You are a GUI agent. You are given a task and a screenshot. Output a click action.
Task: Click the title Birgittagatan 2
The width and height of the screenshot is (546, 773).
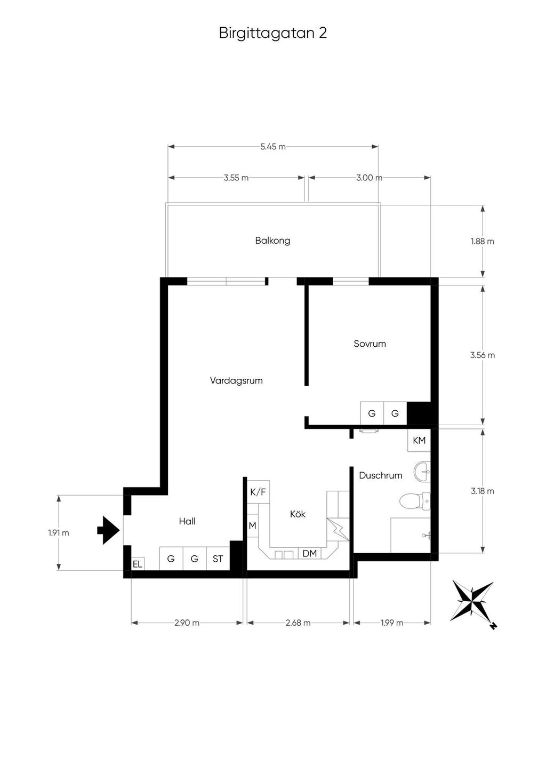(x=273, y=34)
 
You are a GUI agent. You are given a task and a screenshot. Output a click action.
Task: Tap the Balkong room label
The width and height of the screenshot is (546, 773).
(x=272, y=241)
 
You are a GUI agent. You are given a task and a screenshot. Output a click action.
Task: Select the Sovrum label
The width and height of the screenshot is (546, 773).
(x=370, y=344)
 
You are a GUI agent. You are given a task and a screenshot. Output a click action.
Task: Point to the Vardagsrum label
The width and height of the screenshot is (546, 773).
(x=236, y=381)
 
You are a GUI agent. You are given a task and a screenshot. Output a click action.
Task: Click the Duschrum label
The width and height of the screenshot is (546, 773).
(x=381, y=475)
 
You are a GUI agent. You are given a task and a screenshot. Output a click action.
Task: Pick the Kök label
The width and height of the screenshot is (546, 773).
(x=298, y=514)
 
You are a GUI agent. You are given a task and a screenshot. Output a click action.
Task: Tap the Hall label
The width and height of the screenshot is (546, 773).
(x=187, y=521)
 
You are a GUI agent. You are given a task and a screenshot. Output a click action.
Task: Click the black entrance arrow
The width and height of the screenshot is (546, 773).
(x=108, y=530)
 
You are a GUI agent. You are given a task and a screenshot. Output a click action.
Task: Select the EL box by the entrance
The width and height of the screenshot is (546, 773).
(x=138, y=564)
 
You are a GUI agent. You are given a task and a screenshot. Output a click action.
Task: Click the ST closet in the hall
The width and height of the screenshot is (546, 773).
(x=218, y=559)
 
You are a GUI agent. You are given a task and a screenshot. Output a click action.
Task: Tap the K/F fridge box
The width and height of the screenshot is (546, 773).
(x=259, y=492)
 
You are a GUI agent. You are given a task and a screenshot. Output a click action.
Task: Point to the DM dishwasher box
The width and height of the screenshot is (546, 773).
(x=310, y=554)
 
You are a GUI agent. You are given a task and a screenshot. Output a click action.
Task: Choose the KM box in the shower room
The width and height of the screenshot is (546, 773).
(x=419, y=440)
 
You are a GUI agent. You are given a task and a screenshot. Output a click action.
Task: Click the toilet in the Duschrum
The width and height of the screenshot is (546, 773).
(x=415, y=501)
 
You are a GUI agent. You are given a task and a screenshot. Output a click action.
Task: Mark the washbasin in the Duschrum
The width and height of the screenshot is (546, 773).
(x=422, y=472)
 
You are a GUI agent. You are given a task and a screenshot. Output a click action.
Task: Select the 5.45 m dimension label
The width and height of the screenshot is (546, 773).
(x=273, y=147)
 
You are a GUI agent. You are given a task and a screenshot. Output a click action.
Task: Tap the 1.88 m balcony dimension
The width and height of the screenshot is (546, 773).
(x=482, y=241)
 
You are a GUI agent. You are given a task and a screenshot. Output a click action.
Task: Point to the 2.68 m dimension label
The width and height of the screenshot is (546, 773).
(x=298, y=623)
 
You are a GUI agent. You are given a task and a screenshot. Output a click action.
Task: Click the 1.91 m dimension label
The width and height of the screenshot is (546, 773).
(x=59, y=533)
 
